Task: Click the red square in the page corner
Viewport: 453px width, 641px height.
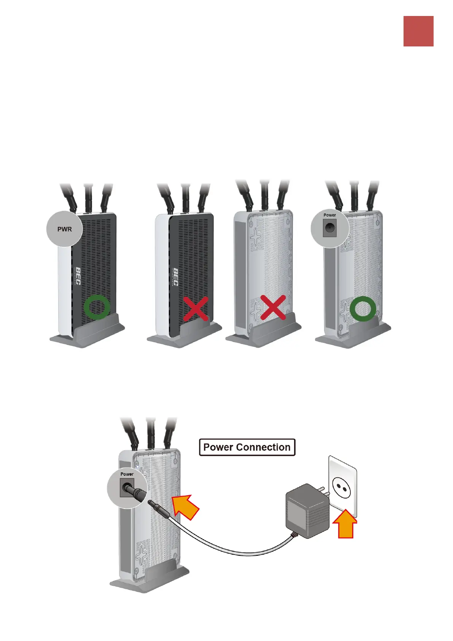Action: (x=418, y=31)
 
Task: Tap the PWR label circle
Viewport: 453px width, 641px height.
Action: (x=64, y=229)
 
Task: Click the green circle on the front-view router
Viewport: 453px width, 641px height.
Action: (x=97, y=307)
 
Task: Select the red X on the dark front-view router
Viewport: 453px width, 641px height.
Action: (x=196, y=308)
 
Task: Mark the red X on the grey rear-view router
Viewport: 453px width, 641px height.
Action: (x=273, y=307)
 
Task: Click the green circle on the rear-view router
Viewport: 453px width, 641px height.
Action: (x=363, y=308)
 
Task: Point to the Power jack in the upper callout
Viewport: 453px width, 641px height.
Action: (x=329, y=229)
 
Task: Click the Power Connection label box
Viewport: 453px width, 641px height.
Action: (x=247, y=447)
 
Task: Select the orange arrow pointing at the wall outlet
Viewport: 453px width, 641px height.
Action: (x=345, y=524)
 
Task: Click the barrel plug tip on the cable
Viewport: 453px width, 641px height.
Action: (x=156, y=505)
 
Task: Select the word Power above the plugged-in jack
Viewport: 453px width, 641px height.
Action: (x=127, y=474)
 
